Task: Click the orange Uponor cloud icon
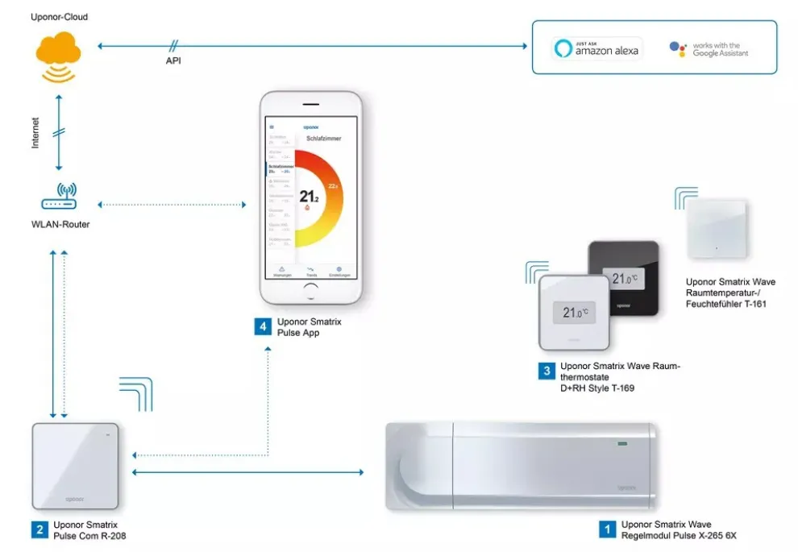click(58, 52)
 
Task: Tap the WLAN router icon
click(59, 197)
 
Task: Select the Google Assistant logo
click(709, 49)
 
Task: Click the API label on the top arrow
click(172, 60)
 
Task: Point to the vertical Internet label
click(35, 132)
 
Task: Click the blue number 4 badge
click(262, 326)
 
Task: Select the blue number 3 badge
click(547, 371)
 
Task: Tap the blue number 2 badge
click(39, 529)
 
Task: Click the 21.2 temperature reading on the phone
click(309, 196)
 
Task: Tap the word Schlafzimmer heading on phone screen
click(323, 139)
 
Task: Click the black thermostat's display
click(626, 279)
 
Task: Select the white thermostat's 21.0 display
click(575, 313)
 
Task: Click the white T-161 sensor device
click(717, 230)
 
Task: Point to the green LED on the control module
click(621, 442)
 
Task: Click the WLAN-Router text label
click(61, 225)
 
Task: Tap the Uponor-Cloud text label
click(60, 17)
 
